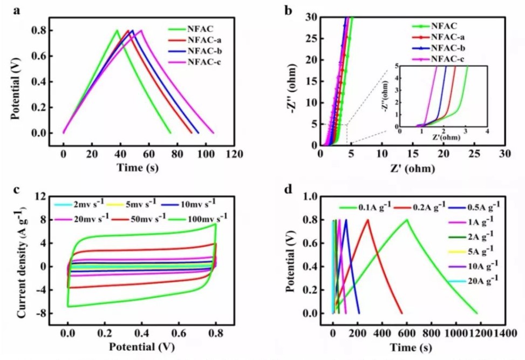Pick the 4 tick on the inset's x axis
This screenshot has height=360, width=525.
(x=487, y=132)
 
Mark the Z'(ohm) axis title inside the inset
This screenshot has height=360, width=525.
(x=444, y=138)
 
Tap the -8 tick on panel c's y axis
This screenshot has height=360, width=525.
(x=40, y=313)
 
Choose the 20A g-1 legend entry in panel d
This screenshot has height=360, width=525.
(x=475, y=280)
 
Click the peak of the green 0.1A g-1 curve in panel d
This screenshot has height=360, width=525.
(x=406, y=219)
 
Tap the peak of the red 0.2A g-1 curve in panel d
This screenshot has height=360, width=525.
(x=368, y=219)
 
